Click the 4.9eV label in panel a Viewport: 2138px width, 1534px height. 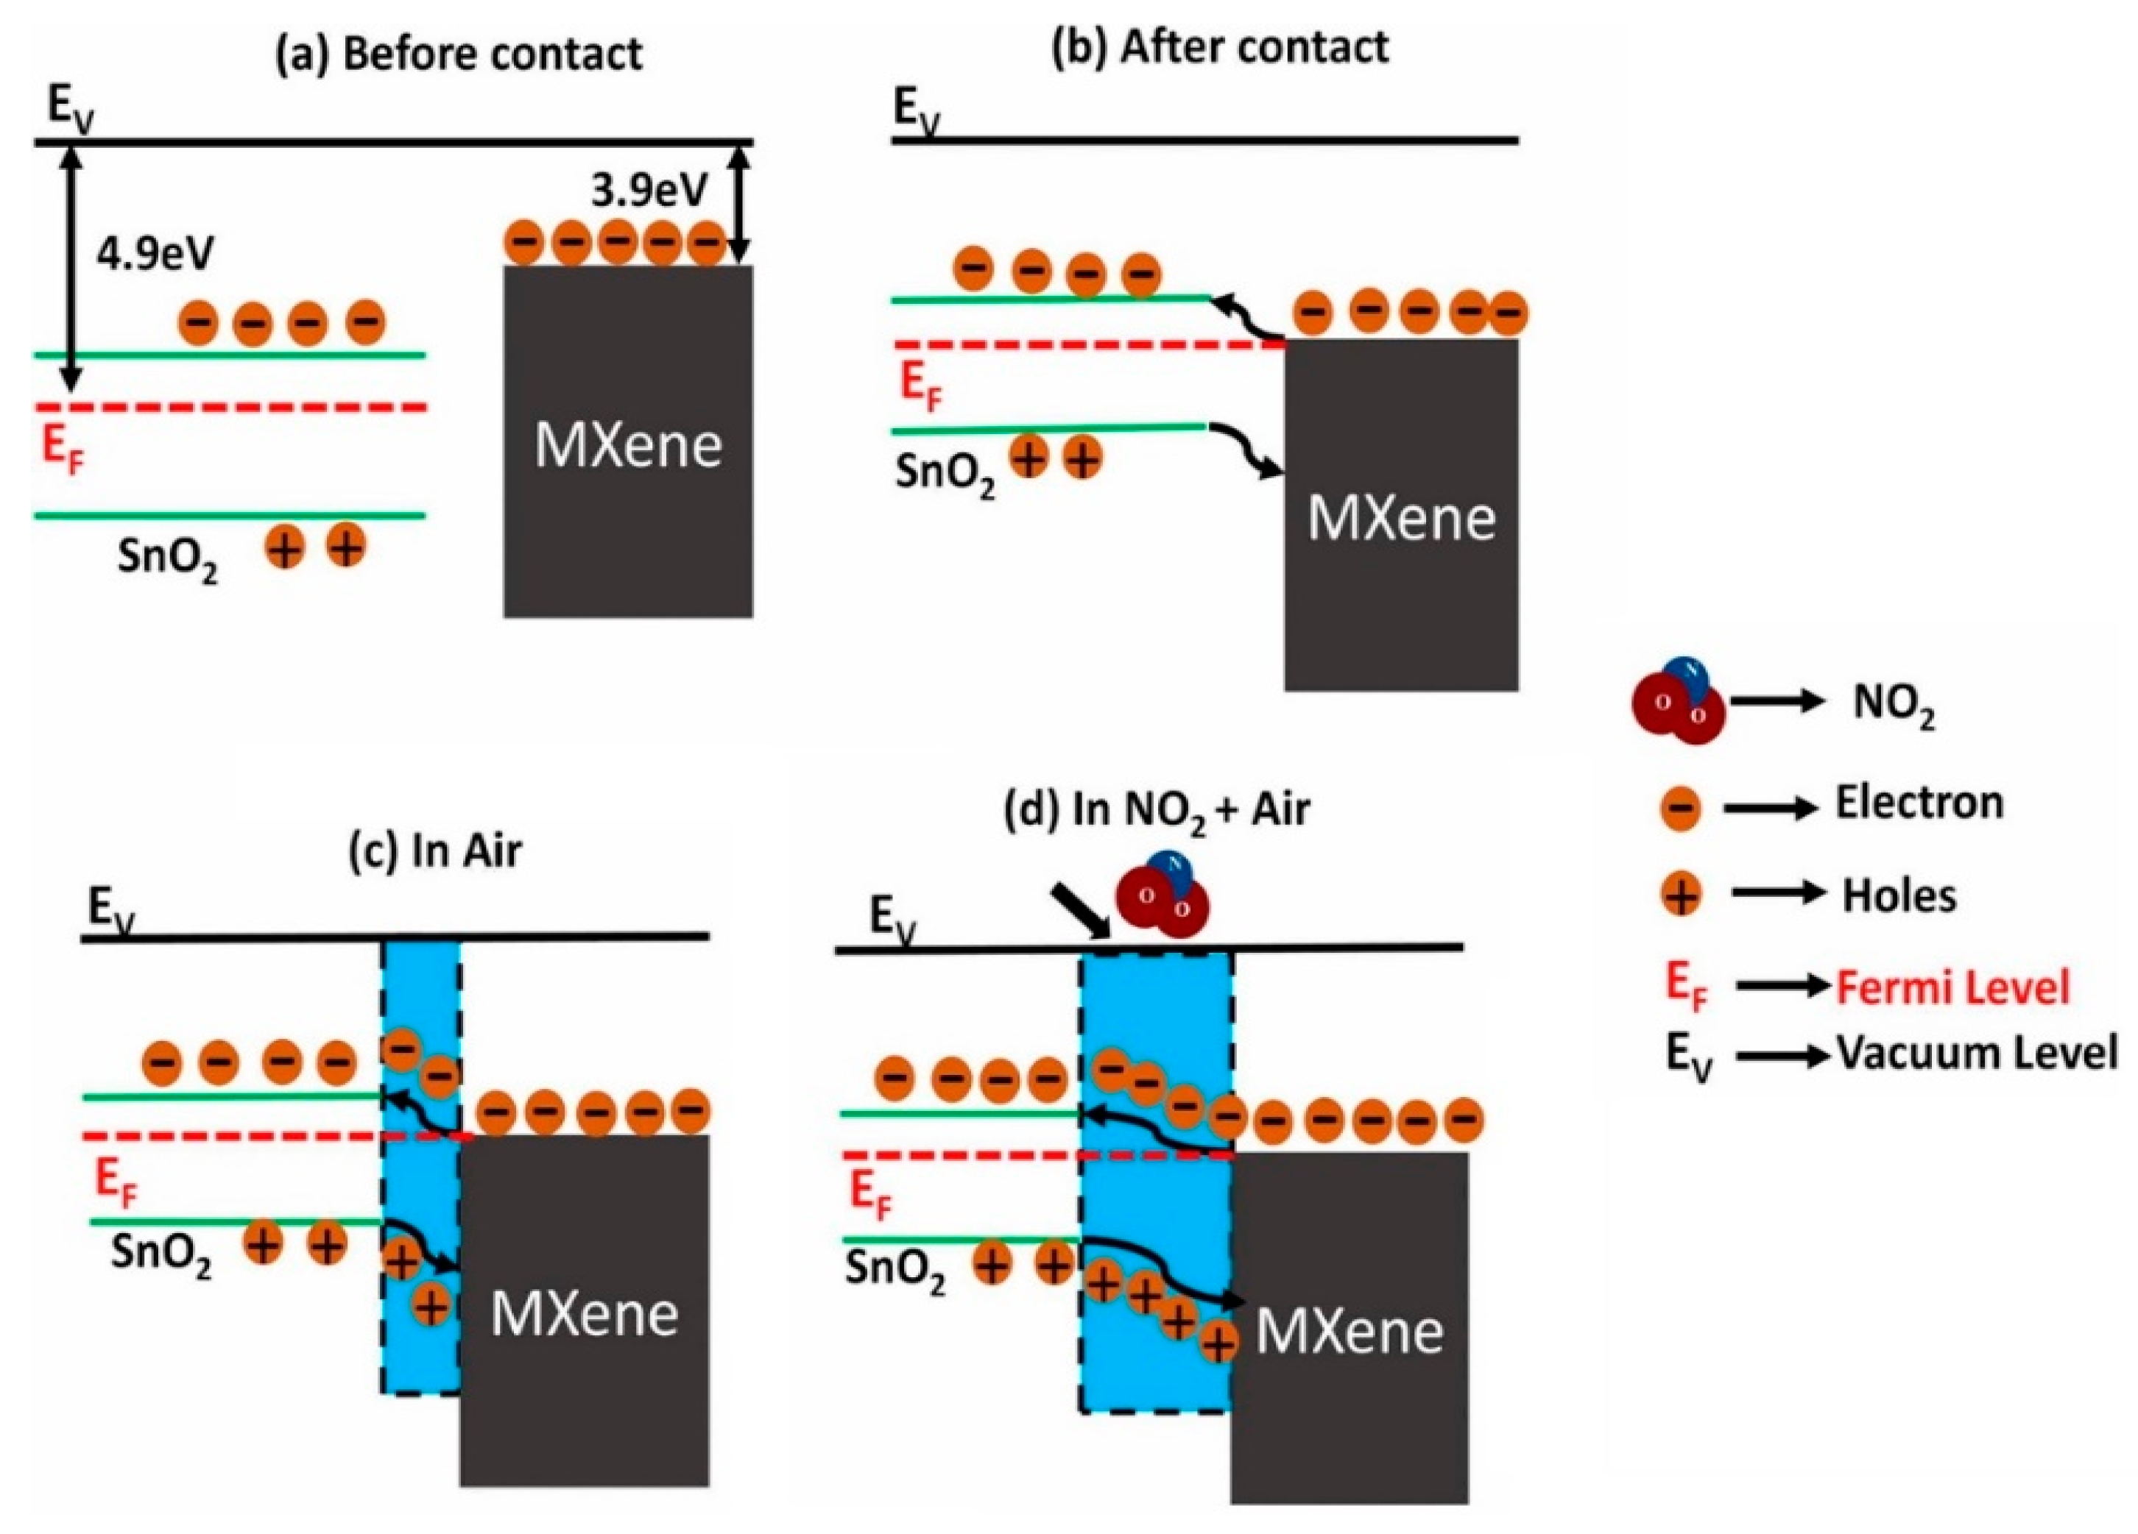155,255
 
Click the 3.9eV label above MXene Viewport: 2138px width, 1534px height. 649,192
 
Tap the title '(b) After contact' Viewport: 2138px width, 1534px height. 1220,47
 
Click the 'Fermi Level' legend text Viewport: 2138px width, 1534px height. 1952,987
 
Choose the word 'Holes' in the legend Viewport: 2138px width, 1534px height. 1899,896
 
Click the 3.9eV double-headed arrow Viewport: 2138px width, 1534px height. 741,202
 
